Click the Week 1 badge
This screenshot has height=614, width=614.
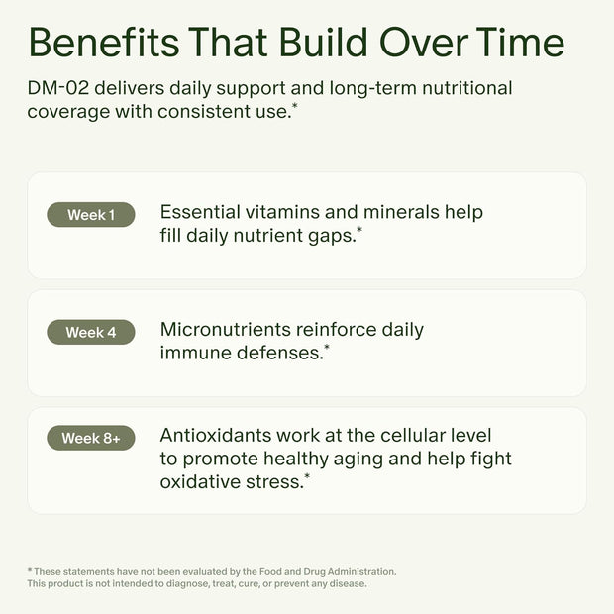click(x=91, y=215)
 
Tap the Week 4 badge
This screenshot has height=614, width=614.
click(x=91, y=333)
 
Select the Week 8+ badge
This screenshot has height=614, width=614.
click(x=91, y=438)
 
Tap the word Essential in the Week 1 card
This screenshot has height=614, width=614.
click(x=201, y=212)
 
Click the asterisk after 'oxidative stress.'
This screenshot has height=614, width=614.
click(x=307, y=477)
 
